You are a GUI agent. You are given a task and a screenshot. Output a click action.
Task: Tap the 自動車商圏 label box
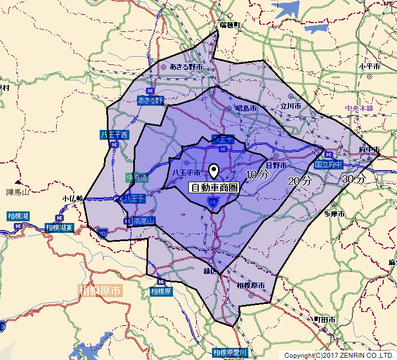[x=215, y=188]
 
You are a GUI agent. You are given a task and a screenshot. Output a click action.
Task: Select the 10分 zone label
[x=257, y=175]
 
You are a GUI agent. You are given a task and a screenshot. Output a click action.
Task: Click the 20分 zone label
[x=300, y=181]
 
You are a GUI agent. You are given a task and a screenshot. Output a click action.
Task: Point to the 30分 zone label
[x=354, y=179]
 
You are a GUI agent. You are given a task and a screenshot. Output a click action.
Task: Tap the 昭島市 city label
[x=246, y=108]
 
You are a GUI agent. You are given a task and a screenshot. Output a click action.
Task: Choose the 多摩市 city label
[x=334, y=214]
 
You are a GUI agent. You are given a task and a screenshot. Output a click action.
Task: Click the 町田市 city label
[x=324, y=320]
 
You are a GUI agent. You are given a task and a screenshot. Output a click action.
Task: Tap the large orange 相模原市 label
[x=100, y=290]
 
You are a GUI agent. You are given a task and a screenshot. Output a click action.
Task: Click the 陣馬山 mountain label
[x=17, y=192]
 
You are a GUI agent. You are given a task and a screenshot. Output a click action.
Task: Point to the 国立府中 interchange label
[x=329, y=165]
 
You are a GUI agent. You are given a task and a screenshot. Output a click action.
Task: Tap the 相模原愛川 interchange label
[x=231, y=352]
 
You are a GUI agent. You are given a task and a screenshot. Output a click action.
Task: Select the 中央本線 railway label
[x=359, y=108]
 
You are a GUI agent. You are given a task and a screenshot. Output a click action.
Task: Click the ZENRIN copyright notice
[x=339, y=356]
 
